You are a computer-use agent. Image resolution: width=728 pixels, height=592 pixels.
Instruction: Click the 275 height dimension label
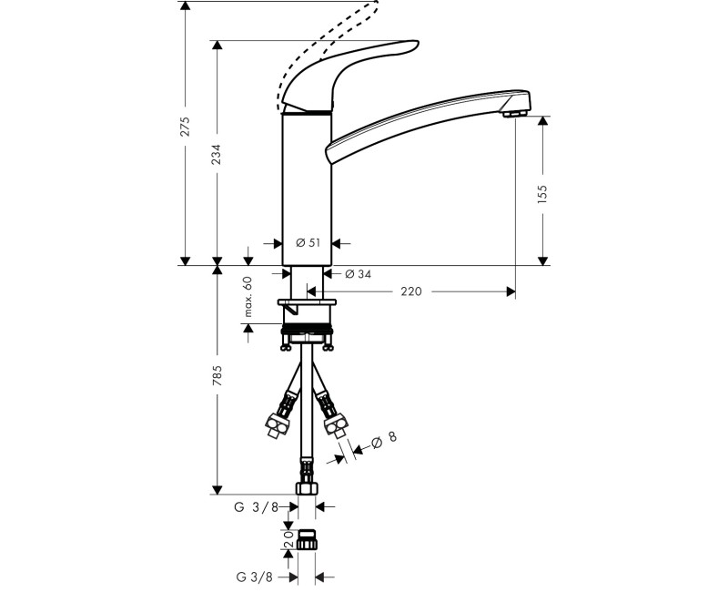tap(185, 127)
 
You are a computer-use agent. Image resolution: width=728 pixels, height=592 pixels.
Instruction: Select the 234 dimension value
tap(217, 156)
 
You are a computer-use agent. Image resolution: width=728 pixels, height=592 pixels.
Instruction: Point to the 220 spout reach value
tap(411, 291)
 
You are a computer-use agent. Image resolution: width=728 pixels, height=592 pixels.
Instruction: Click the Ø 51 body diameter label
tap(308, 243)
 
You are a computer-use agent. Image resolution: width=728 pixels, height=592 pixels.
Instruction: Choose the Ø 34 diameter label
tap(358, 274)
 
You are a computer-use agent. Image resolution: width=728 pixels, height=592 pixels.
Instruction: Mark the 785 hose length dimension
tap(217, 376)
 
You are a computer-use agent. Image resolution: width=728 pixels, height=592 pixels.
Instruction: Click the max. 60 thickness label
tap(247, 297)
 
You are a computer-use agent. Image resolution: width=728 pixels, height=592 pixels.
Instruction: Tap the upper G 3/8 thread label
tap(256, 507)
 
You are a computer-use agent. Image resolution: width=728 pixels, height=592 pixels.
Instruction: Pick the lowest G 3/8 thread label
tap(256, 577)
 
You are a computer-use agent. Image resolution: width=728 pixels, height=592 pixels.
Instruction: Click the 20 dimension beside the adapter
tap(288, 544)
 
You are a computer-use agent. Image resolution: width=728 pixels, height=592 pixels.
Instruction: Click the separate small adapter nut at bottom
tap(308, 542)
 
